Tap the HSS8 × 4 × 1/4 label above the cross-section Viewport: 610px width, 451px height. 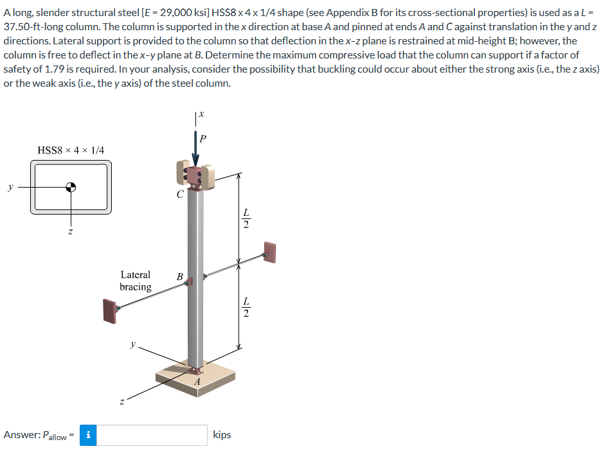pyautogui.click(x=71, y=150)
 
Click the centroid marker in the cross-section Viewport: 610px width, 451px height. pyautogui.click(x=71, y=188)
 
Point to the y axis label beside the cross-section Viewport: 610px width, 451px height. pyautogui.click(x=10, y=188)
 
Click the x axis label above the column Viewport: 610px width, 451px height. pyautogui.click(x=201, y=114)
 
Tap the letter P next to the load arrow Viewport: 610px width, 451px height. pyautogui.click(x=204, y=138)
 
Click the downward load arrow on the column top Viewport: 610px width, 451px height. pyautogui.click(x=195, y=151)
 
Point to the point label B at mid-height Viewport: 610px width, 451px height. pyautogui.click(x=180, y=277)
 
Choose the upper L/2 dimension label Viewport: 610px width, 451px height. pyautogui.click(x=245, y=219)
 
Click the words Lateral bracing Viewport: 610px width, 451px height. pyautogui.click(x=136, y=281)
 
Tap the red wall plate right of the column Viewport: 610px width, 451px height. pyautogui.click(x=269, y=252)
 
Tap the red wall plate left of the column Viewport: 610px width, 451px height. pyautogui.click(x=109, y=311)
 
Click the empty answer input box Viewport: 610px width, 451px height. pyautogui.click(x=152, y=435)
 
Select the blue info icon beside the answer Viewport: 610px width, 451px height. pyautogui.click(x=88, y=435)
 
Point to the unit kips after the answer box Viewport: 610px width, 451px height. pyautogui.click(x=222, y=435)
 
